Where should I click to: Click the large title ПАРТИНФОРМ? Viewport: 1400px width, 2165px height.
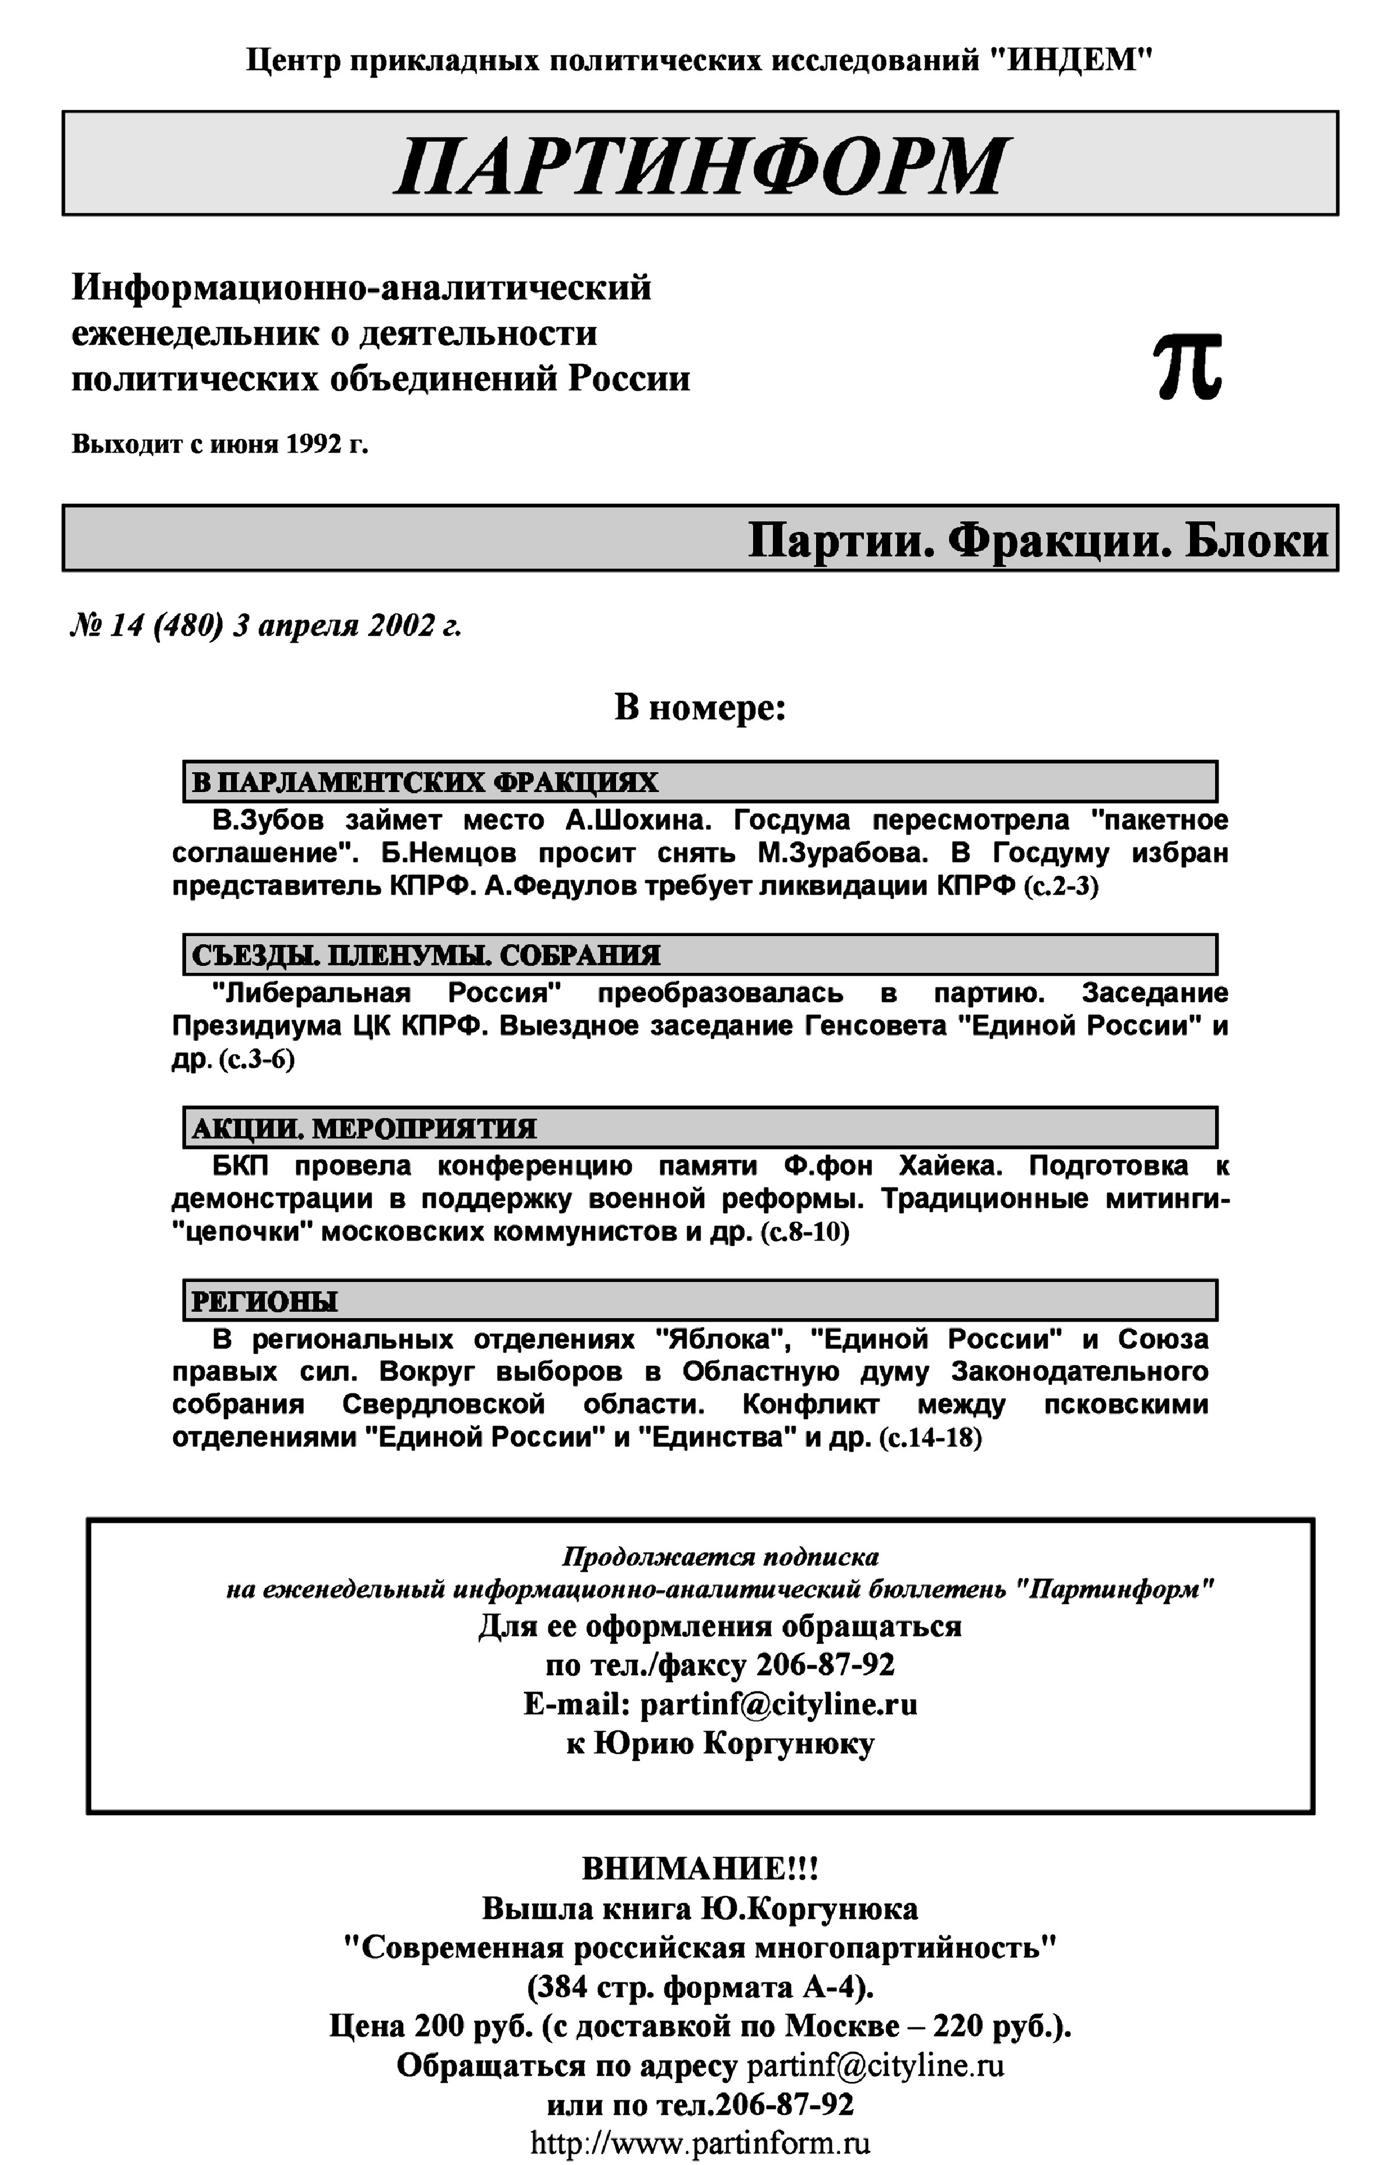pyautogui.click(x=700, y=166)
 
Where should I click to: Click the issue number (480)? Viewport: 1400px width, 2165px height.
pyautogui.click(x=188, y=626)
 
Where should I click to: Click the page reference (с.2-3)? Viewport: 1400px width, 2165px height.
pyautogui.click(x=1061, y=886)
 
